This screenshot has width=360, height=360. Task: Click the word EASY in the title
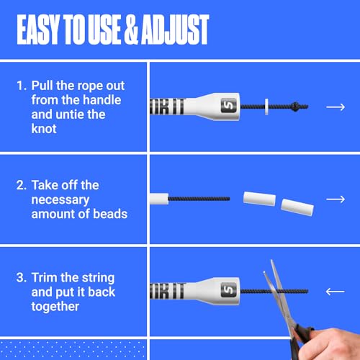pyautogui.click(x=42, y=30)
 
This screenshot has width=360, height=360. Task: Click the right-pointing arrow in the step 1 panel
pyautogui.click(x=336, y=107)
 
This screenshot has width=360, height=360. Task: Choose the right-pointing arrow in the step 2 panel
pyautogui.click(x=336, y=199)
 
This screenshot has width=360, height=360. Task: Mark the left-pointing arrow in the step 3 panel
pyautogui.click(x=336, y=292)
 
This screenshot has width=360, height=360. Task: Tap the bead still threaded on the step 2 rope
pyautogui.click(x=158, y=197)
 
